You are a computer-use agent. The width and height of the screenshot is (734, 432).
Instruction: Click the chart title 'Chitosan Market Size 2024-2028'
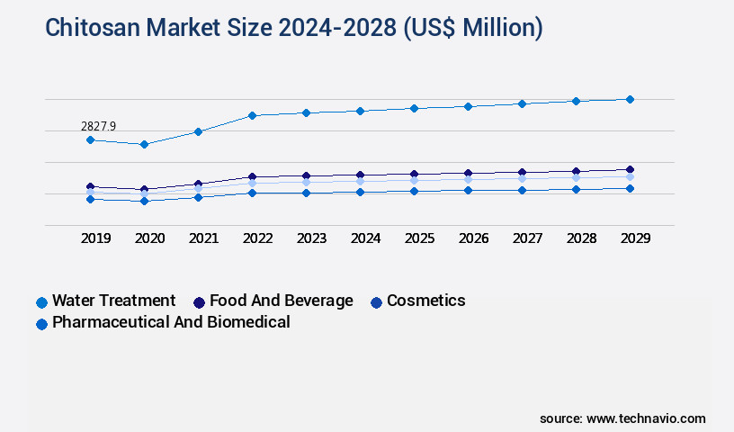[294, 28]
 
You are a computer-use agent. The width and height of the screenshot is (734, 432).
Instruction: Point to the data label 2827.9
[99, 127]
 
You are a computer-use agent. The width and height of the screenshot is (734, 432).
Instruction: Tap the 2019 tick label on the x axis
[95, 238]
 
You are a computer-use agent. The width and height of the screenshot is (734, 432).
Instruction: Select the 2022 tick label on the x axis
[257, 238]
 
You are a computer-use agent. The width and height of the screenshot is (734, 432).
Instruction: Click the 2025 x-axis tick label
[419, 238]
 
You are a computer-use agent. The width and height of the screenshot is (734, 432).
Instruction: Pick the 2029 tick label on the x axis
[635, 238]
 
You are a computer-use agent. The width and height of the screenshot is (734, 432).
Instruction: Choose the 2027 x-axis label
[527, 238]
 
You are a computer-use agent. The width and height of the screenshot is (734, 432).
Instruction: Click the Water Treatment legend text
[113, 301]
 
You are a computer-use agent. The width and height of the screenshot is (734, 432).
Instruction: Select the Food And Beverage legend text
[281, 301]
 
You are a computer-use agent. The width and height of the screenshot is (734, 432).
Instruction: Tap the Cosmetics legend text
[425, 301]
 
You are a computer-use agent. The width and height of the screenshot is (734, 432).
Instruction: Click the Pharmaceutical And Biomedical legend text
[171, 322]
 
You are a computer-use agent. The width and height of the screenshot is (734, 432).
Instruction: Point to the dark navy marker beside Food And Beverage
[200, 302]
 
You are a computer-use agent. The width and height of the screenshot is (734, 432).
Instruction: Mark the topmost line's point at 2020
[144, 144]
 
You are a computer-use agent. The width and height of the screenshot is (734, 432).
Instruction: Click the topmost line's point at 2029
[630, 99]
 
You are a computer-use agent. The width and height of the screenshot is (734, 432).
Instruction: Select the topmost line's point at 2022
[252, 115]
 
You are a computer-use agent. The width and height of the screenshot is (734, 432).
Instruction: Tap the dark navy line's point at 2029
[630, 169]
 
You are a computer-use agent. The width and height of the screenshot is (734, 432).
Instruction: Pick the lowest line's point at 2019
[90, 199]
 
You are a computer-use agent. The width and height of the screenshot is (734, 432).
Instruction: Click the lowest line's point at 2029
[630, 188]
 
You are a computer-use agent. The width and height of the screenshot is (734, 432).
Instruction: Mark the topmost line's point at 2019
[90, 139]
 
